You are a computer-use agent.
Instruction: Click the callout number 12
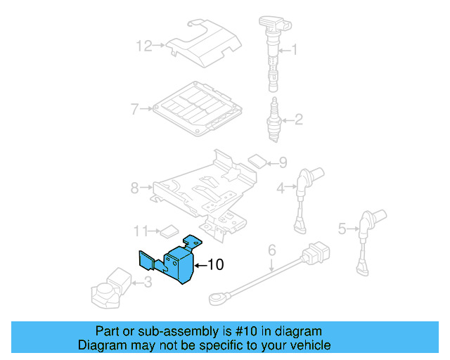point(143,46)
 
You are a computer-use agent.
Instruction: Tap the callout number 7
point(135,109)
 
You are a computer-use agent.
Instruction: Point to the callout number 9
point(282,162)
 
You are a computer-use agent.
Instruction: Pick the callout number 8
point(135,188)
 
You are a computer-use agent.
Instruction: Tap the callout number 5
point(342,228)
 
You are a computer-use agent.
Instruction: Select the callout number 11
point(141,231)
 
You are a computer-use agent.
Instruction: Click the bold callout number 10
point(215,265)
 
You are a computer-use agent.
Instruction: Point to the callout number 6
point(271,250)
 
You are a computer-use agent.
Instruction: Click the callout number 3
point(146,283)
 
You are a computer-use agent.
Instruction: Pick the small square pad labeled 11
point(169,229)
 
